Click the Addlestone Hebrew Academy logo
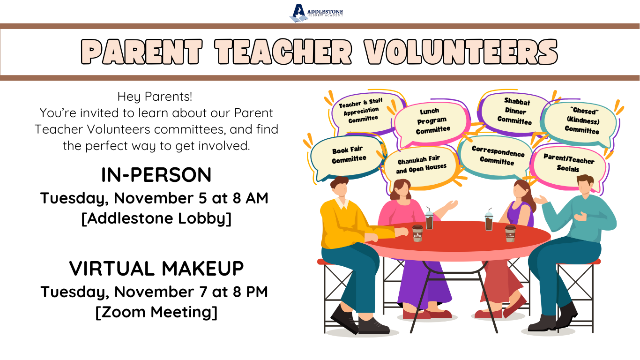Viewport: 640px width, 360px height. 316,13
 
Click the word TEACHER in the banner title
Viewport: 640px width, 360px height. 283,52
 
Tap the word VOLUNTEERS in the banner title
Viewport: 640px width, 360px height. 461,52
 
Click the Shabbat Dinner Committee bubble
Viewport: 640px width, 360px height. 515,112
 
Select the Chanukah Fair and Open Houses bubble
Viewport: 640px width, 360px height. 421,165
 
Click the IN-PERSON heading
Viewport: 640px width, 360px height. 156,175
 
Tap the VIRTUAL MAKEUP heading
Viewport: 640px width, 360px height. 156,269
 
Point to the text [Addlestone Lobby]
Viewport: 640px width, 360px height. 156,219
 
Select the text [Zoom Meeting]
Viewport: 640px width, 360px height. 156,312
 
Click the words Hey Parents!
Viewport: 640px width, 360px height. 155,97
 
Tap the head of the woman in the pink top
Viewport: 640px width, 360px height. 401,189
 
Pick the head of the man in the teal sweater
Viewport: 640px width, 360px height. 585,185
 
